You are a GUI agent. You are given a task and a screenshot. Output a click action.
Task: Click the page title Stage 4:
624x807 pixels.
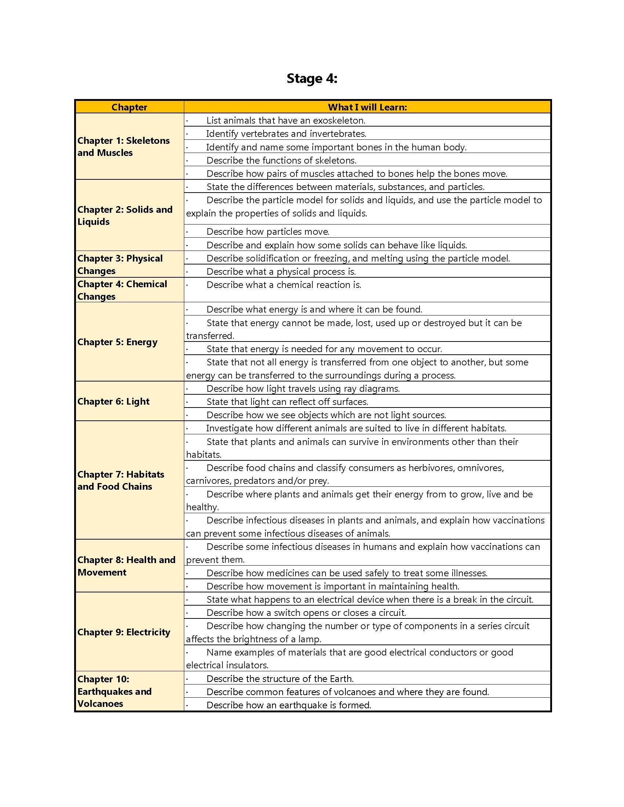pos(312,78)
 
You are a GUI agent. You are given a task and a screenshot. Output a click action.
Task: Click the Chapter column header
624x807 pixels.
pos(129,107)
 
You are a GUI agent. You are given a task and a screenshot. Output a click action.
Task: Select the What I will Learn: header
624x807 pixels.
pos(367,107)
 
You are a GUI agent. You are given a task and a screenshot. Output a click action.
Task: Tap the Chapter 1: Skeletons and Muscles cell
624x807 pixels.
pos(123,147)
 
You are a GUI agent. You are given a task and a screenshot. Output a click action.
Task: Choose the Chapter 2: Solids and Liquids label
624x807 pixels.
pos(124,215)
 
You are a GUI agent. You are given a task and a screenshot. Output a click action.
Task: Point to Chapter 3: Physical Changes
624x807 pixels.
pos(120,264)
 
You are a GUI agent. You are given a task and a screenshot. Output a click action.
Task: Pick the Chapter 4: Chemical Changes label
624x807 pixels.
pos(122,290)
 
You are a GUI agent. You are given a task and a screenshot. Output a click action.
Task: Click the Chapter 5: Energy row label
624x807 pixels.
pos(117,342)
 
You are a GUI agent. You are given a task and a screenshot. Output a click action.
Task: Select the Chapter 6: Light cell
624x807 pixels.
pos(113,402)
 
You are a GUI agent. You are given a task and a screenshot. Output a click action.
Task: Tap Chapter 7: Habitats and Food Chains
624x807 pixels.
pos(120,481)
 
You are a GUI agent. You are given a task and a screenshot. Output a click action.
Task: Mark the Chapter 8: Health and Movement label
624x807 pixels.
pos(126,566)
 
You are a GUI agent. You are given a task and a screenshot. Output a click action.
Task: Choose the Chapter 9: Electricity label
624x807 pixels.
pos(123,632)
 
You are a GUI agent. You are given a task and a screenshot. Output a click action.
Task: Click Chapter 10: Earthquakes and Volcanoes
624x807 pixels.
pos(114,691)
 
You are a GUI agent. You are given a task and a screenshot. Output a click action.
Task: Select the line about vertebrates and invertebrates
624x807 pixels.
pos(286,134)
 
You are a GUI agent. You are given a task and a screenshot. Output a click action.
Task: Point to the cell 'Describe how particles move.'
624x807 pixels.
pos(268,232)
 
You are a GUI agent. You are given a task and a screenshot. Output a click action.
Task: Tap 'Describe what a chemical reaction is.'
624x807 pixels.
pos(283,285)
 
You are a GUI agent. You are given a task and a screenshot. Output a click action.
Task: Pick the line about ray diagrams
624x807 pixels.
pos(303,389)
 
